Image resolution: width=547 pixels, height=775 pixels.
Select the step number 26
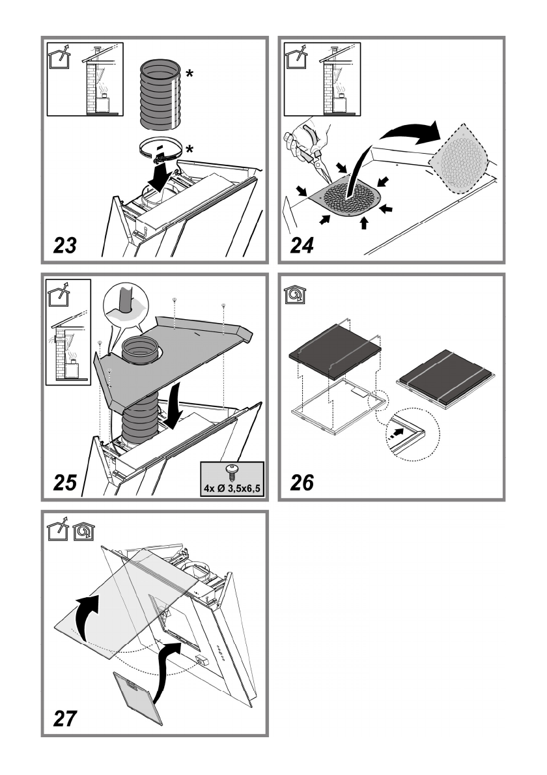click(302, 483)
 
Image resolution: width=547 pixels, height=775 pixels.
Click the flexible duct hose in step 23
click(159, 94)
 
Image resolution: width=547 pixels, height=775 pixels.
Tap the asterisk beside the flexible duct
click(189, 75)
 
